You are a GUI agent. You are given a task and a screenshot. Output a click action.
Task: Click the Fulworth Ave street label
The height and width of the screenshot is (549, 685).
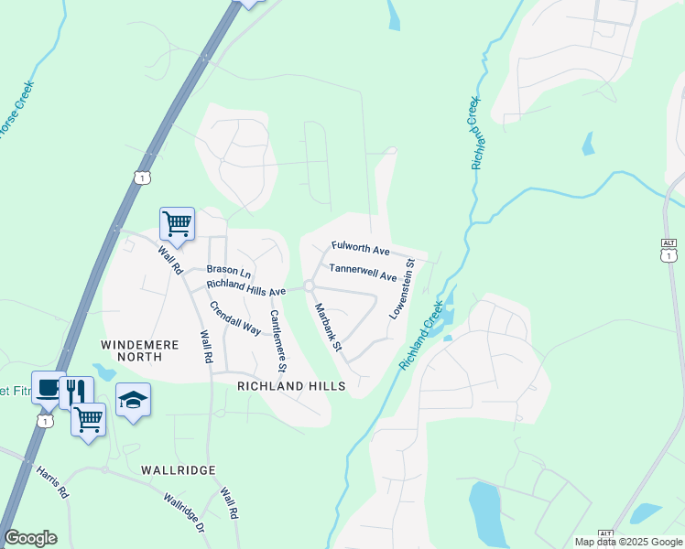[361, 249]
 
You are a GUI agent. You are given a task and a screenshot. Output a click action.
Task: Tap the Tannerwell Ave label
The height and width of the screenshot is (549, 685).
[363, 271]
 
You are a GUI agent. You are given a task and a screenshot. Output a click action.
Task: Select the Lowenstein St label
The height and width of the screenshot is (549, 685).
[402, 288]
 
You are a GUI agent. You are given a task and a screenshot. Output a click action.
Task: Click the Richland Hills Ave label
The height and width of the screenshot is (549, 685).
[246, 287]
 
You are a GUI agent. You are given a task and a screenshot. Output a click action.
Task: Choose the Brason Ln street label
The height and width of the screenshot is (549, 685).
[228, 270]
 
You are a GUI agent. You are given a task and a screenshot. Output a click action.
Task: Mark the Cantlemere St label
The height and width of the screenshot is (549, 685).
[277, 341]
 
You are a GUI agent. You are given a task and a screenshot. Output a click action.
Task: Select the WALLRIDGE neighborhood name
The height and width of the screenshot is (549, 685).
[179, 469]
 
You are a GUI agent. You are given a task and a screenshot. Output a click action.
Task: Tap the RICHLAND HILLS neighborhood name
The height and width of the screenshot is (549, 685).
[291, 386]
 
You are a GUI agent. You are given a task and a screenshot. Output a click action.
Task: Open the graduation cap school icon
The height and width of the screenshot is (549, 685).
[133, 400]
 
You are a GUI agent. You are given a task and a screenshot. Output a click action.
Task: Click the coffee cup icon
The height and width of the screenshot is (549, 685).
[48, 386]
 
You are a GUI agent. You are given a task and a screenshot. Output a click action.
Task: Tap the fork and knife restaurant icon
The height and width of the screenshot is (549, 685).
[76, 392]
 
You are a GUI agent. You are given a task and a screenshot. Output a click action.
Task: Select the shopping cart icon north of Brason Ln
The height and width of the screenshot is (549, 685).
[177, 221]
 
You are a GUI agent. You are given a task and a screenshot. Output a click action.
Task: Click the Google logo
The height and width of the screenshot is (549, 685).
[30, 538]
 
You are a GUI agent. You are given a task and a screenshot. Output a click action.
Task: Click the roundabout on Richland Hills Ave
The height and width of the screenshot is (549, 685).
[310, 286]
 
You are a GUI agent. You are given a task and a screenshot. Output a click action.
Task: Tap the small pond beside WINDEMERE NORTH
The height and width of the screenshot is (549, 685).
[103, 371]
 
